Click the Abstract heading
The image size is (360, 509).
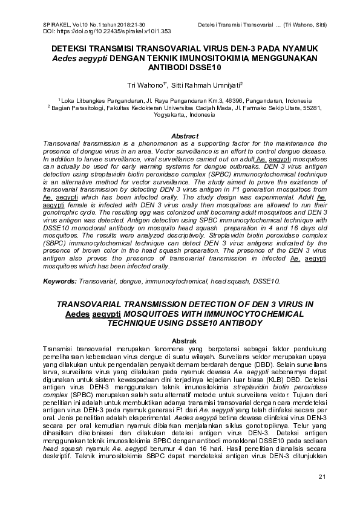185,136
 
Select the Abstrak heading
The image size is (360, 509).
185,342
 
